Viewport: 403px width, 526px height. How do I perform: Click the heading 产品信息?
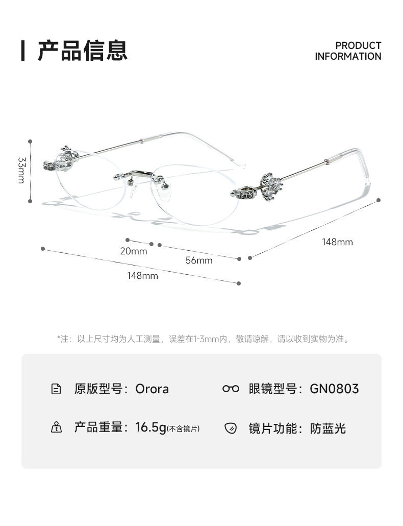[82, 50]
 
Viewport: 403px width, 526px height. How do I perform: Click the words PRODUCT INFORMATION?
[348, 51]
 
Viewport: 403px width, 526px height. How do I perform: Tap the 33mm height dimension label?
[21, 170]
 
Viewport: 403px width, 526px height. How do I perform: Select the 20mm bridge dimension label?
[134, 251]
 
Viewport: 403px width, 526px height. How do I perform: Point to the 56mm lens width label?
[198, 260]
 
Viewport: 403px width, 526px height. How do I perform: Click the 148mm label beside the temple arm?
[337, 242]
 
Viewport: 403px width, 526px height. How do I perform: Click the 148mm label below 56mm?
[142, 276]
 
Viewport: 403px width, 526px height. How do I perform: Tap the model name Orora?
[152, 389]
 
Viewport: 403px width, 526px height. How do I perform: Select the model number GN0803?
[334, 389]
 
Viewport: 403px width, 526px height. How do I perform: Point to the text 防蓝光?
[328, 428]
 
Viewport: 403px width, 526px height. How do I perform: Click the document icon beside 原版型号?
[57, 389]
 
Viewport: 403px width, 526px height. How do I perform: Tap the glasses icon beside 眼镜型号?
[231, 389]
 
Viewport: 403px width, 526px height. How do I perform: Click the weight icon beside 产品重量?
[57, 428]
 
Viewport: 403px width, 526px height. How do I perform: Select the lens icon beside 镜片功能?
[231, 428]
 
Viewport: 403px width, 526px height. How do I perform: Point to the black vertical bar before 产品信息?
[23, 50]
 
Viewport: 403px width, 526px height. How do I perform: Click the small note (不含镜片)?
[184, 429]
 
